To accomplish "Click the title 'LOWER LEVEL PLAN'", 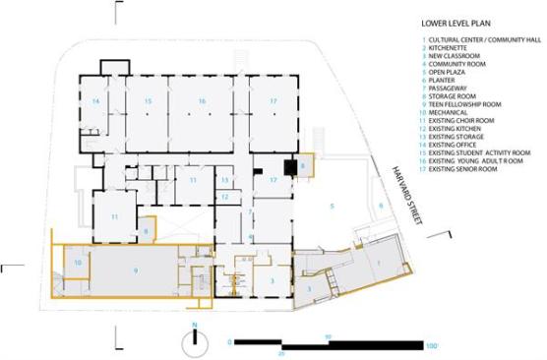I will [x=456, y=22].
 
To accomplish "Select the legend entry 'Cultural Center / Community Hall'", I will [x=479, y=40].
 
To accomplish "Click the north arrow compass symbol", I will [x=195, y=339].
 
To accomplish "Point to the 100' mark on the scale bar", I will [x=430, y=345].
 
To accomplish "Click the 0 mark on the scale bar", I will [x=230, y=342].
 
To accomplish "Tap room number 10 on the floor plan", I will [x=76, y=262].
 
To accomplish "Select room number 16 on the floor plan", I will [x=202, y=101].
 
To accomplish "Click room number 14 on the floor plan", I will [x=95, y=101].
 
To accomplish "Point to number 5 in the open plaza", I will [x=333, y=206].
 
